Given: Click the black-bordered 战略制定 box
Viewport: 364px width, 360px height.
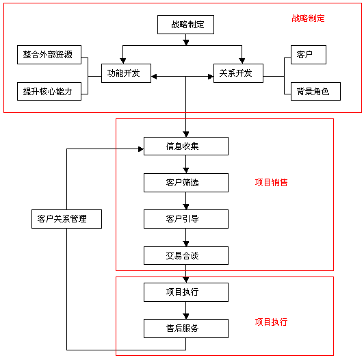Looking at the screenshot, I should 185,25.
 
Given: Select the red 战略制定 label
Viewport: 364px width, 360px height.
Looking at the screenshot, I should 308,18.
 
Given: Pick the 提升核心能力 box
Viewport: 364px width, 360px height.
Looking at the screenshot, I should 48,91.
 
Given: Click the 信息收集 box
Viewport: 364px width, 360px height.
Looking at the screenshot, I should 185,146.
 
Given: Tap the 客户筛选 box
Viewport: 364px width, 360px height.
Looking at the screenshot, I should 185,183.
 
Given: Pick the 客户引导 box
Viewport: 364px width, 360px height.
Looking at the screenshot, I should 185,219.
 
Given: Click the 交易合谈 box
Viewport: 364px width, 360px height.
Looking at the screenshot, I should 185,256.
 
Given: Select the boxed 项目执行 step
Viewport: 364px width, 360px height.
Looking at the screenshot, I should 185,292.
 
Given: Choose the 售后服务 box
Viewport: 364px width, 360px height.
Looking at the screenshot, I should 185,329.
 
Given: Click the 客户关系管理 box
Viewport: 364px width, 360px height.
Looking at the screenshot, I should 67,219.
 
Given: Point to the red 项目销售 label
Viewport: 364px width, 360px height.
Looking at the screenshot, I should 271,183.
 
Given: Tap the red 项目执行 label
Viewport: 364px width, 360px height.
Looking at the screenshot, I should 271,322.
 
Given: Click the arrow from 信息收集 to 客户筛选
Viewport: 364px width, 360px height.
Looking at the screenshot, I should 185,165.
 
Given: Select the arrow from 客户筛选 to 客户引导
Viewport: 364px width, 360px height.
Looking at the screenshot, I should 185,201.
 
